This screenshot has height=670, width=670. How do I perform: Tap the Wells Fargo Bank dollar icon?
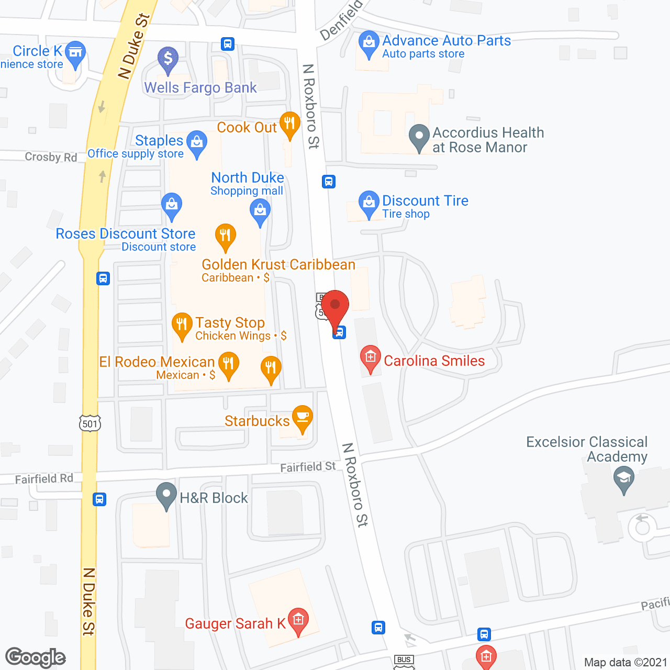(x=168, y=59)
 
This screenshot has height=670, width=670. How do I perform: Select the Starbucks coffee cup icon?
(x=302, y=417)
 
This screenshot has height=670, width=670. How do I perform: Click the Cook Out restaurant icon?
(x=289, y=124)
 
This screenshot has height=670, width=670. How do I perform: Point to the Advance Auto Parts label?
(x=446, y=40)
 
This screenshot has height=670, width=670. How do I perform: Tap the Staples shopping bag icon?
(x=197, y=142)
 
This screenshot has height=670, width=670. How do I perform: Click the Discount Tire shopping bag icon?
(x=369, y=202)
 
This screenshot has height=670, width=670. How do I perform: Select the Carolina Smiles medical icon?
(x=370, y=358)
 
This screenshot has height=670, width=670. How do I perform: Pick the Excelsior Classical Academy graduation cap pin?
(x=623, y=478)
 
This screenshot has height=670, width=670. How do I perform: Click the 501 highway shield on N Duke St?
(x=90, y=423)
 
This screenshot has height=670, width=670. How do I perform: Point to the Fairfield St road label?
(x=308, y=466)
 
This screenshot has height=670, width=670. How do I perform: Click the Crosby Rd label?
(x=51, y=157)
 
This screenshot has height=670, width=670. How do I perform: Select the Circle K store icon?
(x=76, y=52)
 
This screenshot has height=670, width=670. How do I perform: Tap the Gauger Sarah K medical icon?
(x=298, y=620)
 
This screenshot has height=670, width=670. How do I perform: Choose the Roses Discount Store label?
(x=126, y=233)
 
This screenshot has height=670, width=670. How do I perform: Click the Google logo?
(x=36, y=657)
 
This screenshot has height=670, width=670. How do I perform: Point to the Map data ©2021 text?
(x=626, y=662)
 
